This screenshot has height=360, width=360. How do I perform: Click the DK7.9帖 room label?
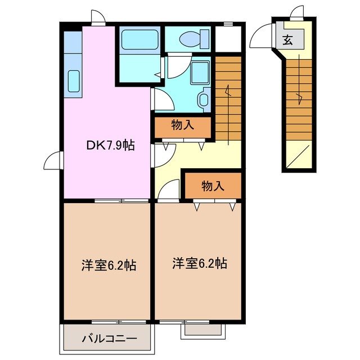tap(110, 145)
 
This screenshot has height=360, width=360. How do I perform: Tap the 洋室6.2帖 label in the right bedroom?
tap(200, 263)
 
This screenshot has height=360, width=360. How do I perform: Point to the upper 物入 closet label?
tap(183, 125)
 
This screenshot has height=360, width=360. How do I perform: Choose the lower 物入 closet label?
tap(213, 186)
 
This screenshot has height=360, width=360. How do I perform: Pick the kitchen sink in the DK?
tap(73, 81)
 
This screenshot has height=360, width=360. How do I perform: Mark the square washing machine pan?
tap(199, 73)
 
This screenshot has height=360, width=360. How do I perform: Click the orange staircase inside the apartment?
tap(228, 96)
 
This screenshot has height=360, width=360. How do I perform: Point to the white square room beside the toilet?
tap(228, 38)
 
